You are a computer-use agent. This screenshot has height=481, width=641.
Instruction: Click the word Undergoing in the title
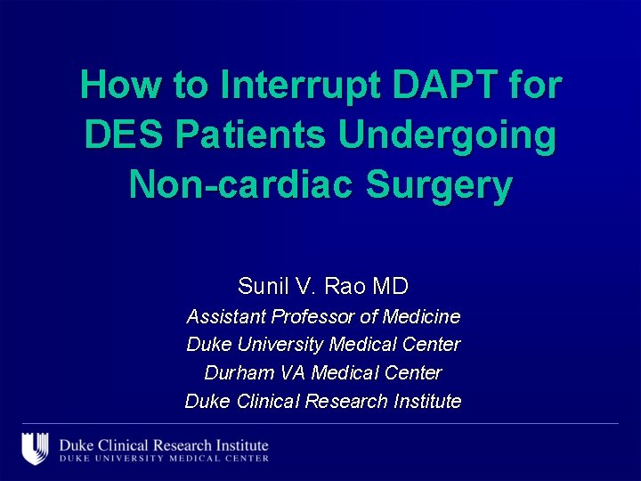click(448, 135)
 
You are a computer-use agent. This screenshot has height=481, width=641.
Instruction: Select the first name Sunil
click(259, 287)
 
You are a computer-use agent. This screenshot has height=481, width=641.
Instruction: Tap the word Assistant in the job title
click(225, 316)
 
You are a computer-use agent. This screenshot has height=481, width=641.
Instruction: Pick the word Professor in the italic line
click(313, 316)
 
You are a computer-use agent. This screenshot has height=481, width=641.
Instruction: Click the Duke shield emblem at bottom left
click(35, 448)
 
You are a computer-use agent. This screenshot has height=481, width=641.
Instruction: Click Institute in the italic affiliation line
click(426, 401)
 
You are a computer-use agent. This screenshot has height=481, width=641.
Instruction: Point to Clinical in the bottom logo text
click(121, 444)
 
